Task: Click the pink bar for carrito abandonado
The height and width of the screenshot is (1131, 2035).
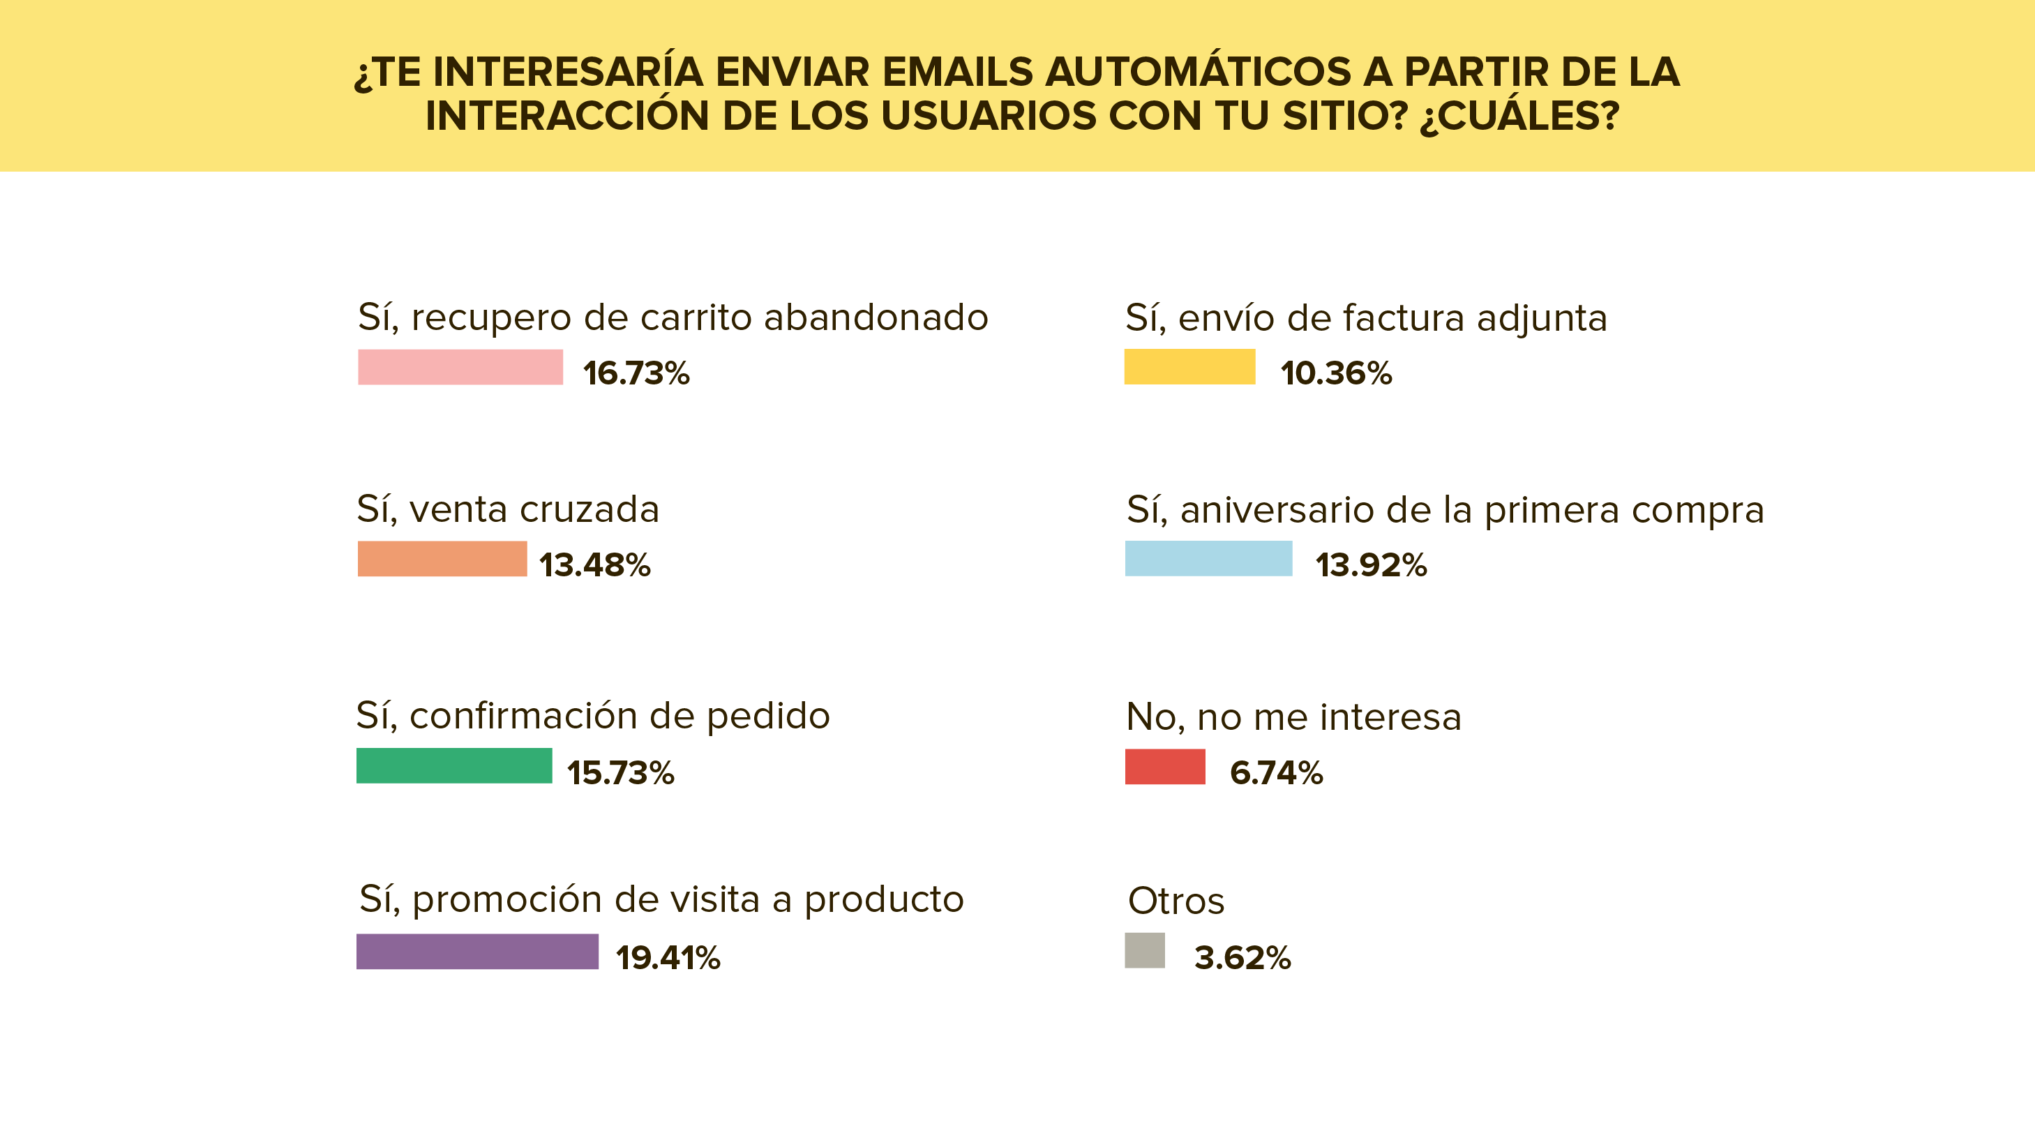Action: [460, 367]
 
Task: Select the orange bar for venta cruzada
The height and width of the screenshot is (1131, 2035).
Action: [442, 558]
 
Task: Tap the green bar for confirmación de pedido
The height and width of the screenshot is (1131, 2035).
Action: [453, 765]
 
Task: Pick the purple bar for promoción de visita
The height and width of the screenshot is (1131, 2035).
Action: [477, 951]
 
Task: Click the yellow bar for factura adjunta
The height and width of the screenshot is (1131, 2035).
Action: [1189, 366]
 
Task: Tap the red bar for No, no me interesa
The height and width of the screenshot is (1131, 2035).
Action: [1164, 766]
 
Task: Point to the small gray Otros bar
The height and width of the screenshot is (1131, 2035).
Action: [1144, 950]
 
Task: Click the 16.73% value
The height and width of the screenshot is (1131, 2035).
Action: [636, 373]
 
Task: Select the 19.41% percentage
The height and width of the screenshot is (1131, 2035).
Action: [668, 958]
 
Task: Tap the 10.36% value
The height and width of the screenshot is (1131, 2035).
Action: [1336, 373]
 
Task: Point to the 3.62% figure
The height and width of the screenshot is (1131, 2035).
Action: [1242, 958]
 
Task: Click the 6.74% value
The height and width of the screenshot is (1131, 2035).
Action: [1276, 772]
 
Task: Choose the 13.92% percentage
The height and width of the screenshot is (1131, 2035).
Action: [1371, 565]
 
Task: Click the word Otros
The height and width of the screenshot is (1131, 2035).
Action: [1176, 901]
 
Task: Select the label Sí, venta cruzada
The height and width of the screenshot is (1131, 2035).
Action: [507, 509]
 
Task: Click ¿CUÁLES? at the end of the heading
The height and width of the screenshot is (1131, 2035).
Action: [1519, 116]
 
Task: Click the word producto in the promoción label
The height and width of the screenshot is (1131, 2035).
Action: [883, 900]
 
